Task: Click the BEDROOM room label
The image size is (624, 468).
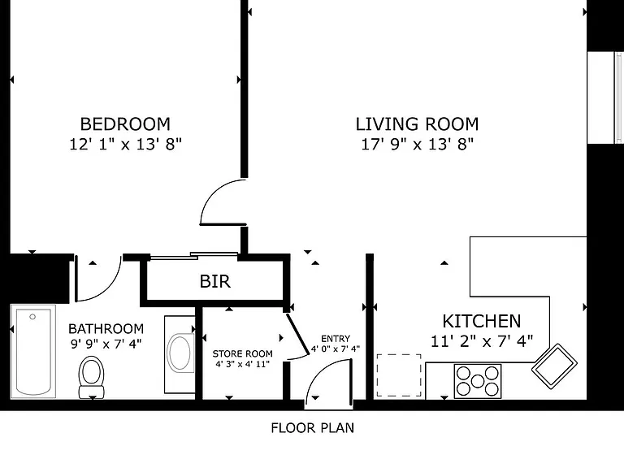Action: tap(125, 124)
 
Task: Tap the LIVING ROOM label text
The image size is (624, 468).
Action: tap(417, 124)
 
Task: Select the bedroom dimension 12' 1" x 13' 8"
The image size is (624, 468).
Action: tap(125, 144)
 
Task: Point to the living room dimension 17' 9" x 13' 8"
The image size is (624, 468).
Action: tap(417, 144)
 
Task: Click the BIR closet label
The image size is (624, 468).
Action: tap(214, 281)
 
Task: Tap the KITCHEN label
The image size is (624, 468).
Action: tap(482, 321)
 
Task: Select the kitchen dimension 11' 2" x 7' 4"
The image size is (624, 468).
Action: tap(482, 341)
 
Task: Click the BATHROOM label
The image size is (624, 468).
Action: tap(106, 329)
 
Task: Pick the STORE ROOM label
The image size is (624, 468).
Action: tap(242, 353)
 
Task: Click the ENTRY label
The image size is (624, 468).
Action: tap(336, 339)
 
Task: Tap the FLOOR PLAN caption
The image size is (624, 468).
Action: tap(312, 428)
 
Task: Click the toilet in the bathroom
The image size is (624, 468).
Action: tap(92, 377)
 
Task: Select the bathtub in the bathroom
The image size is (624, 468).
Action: tap(33, 351)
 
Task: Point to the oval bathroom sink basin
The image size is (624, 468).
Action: tap(180, 353)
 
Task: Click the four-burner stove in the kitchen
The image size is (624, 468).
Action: tap(478, 381)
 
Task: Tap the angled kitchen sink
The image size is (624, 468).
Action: tap(554, 366)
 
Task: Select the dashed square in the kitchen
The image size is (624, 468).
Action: tap(399, 375)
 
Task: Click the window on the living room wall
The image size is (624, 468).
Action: tap(604, 97)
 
